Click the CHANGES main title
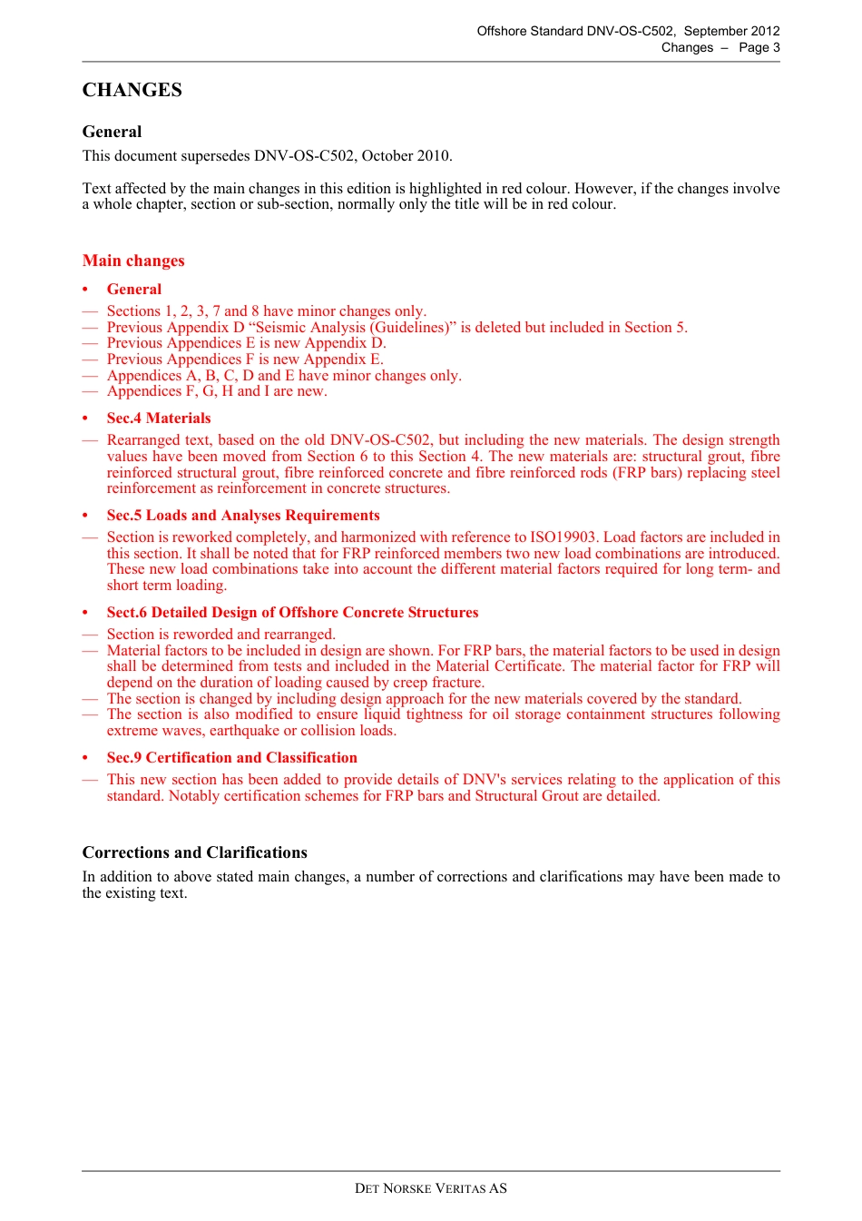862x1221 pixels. [x=132, y=90]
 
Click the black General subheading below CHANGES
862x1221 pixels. [x=112, y=132]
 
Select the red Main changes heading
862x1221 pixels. [x=133, y=261]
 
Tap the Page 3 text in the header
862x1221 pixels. [x=759, y=47]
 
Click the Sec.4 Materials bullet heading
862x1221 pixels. [x=159, y=418]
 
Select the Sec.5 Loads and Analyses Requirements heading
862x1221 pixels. [x=243, y=516]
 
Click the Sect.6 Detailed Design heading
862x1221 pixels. [x=292, y=613]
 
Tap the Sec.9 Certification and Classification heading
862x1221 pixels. [x=231, y=758]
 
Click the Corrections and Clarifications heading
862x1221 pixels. [x=194, y=852]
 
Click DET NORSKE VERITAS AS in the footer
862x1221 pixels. [x=430, y=1188]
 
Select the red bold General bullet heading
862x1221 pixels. [x=134, y=290]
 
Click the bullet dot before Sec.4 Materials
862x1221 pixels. [x=85, y=418]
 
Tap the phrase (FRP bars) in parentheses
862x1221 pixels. [x=650, y=473]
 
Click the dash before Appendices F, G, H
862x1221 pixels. [x=89, y=392]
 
